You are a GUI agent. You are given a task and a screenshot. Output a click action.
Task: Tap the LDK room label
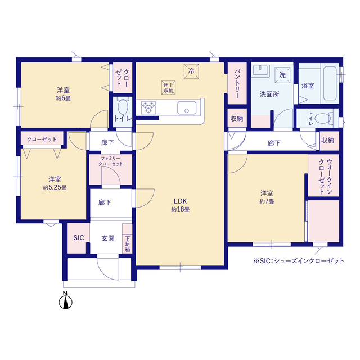point(180,201)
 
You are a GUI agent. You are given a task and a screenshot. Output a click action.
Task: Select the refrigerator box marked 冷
point(191,71)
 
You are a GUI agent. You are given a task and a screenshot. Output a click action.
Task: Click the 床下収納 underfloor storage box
point(169,88)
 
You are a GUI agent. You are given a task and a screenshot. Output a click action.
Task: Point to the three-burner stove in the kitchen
point(148,107)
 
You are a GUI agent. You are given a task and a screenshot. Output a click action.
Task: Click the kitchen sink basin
point(187,107)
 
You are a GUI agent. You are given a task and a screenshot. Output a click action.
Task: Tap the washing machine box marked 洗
point(282,75)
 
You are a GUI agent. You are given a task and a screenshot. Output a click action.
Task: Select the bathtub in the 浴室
point(330,83)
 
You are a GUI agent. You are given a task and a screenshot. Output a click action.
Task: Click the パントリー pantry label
point(237,84)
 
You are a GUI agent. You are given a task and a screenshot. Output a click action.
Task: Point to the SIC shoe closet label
point(79,238)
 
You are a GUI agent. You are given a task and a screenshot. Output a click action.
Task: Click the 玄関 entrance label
point(108,238)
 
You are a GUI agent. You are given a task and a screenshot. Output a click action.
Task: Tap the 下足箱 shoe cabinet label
point(128,244)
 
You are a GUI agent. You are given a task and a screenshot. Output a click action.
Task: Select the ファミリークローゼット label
point(111,161)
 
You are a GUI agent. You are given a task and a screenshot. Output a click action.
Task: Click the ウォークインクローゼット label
point(326,176)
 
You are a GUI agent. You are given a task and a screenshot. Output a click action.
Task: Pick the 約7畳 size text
point(267,201)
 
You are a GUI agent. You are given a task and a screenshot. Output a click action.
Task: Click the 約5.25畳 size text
point(55,187)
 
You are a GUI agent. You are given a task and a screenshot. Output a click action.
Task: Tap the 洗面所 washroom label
point(269,94)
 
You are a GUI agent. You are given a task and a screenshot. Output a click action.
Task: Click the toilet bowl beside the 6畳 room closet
point(123,107)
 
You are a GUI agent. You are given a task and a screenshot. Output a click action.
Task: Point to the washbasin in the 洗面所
point(260,70)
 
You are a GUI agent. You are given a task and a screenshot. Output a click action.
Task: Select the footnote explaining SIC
point(299,261)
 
